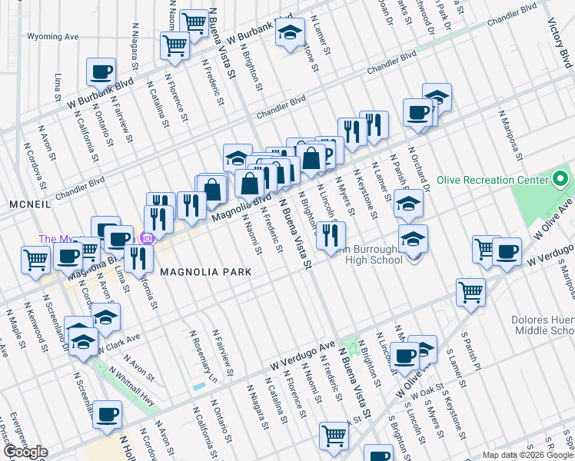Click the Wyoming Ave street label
(53, 36)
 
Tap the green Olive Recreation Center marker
(561, 181)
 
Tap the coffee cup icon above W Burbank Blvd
(101, 73)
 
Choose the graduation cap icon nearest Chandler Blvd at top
(290, 34)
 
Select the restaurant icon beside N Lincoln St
(331, 234)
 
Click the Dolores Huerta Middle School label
(542, 326)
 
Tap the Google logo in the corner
(25, 452)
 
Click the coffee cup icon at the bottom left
(107, 416)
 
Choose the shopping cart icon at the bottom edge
(334, 436)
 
